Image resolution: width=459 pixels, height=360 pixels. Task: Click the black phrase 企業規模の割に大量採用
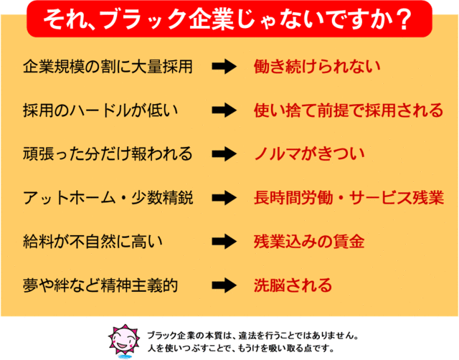(x=108, y=67)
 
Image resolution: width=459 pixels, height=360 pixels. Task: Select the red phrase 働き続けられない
(x=317, y=67)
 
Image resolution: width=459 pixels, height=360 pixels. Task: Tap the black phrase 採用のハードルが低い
(x=100, y=110)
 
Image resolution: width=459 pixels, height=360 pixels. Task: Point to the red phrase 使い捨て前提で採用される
(x=349, y=110)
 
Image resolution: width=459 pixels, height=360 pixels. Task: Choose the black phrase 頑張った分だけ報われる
(x=108, y=154)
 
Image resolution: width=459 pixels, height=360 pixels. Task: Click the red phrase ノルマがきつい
(x=309, y=154)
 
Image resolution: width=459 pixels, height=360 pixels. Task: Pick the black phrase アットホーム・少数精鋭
(x=108, y=197)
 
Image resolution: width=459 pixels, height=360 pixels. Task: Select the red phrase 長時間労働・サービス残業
(x=349, y=197)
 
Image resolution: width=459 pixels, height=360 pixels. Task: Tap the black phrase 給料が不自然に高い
(x=93, y=242)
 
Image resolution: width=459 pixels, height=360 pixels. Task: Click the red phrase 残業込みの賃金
(x=309, y=242)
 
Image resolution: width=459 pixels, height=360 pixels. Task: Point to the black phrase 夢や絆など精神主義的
(x=100, y=285)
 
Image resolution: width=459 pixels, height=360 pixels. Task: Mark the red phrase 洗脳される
(x=293, y=285)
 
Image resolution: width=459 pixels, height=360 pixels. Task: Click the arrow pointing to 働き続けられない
(x=224, y=67)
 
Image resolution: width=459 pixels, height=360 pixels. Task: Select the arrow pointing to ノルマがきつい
(x=224, y=154)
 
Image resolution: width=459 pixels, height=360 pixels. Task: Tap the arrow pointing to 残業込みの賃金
(x=224, y=242)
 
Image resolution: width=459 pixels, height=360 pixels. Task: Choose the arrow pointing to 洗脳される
(x=224, y=285)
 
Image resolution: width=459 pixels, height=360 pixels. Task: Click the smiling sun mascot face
(x=125, y=340)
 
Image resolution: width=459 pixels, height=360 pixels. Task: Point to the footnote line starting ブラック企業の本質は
(x=253, y=336)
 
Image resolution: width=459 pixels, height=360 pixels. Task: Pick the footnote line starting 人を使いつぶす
(x=241, y=349)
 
